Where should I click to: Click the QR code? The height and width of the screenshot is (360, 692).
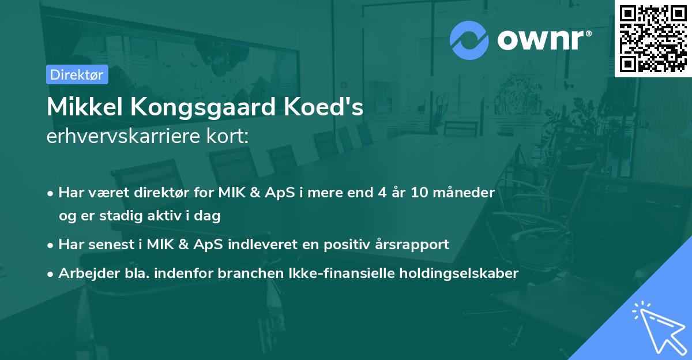pyautogui.click(x=653, y=38)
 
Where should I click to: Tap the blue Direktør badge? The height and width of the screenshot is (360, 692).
pyautogui.click(x=77, y=74)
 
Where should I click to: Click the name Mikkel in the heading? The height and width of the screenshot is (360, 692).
pyautogui.click(x=81, y=107)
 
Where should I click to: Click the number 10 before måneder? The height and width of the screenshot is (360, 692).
pyautogui.click(x=419, y=193)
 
